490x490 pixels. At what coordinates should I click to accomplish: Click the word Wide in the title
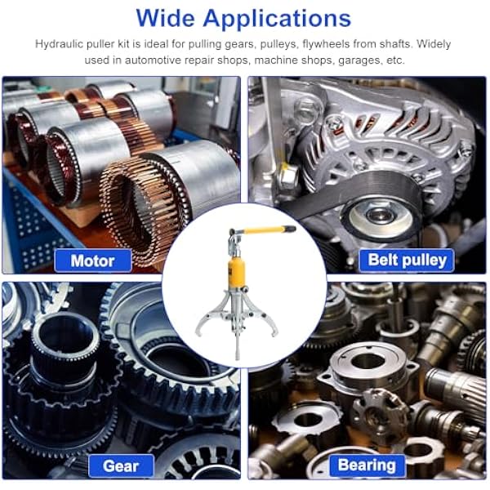167,18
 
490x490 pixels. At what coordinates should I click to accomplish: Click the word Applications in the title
277,20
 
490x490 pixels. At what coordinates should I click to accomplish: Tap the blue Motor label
93,261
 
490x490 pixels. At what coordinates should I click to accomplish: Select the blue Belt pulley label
407,261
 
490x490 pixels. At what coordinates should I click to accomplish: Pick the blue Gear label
121,466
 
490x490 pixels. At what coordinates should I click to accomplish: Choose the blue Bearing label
367,465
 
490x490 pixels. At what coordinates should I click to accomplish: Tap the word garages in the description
360,60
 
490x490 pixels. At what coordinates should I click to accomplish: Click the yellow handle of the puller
265,230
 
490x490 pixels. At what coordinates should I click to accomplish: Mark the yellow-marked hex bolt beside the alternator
287,177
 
